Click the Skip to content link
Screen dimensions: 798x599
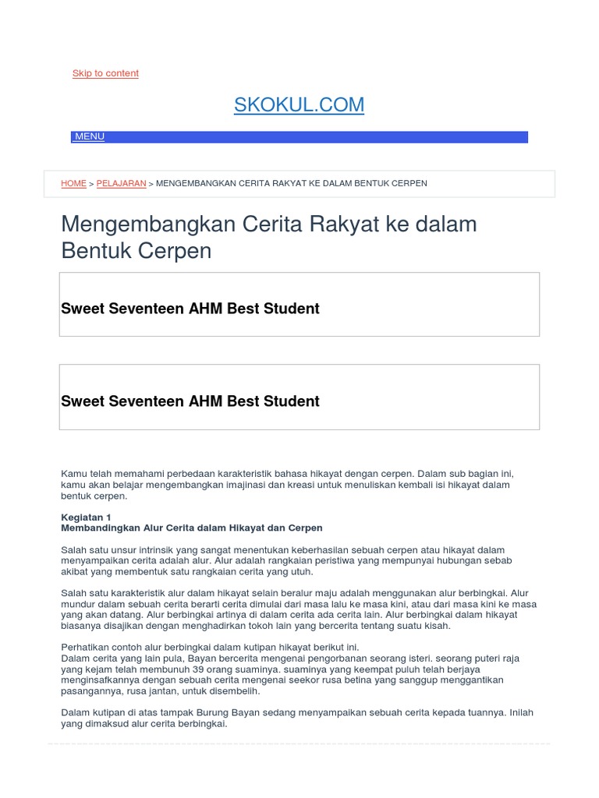point(105,73)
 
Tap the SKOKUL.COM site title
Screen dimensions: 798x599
point(299,105)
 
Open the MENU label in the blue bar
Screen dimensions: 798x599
point(90,137)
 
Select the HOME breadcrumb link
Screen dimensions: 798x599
point(73,184)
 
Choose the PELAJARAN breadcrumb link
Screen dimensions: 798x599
point(121,184)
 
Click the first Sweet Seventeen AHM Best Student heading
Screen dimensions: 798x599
point(190,309)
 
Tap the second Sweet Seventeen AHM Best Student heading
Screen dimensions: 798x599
point(190,401)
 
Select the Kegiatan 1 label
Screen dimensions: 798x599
point(86,517)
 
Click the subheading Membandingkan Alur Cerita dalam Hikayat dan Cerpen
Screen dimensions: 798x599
point(191,528)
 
